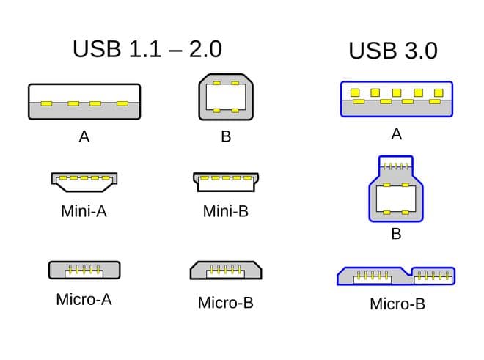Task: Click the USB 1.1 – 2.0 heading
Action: click(x=147, y=49)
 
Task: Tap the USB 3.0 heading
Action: click(x=393, y=51)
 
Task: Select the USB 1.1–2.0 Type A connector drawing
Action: click(x=84, y=102)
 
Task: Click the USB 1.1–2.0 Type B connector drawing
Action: click(x=226, y=97)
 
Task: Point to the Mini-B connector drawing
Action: click(x=226, y=182)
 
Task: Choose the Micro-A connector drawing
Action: click(x=84, y=270)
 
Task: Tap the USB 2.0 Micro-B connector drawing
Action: click(x=226, y=270)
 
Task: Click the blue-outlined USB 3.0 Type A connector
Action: click(x=397, y=99)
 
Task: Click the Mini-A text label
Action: click(x=84, y=211)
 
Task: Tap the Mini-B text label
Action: click(x=226, y=211)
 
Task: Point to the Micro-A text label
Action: click(x=84, y=299)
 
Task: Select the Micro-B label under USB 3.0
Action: click(x=397, y=304)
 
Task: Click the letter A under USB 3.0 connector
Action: click(x=397, y=134)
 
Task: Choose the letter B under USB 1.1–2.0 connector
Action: click(x=226, y=136)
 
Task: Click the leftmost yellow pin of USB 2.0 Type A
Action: click(x=46, y=103)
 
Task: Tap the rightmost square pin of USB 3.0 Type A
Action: click(x=439, y=92)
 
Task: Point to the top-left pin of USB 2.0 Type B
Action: click(x=216, y=83)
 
